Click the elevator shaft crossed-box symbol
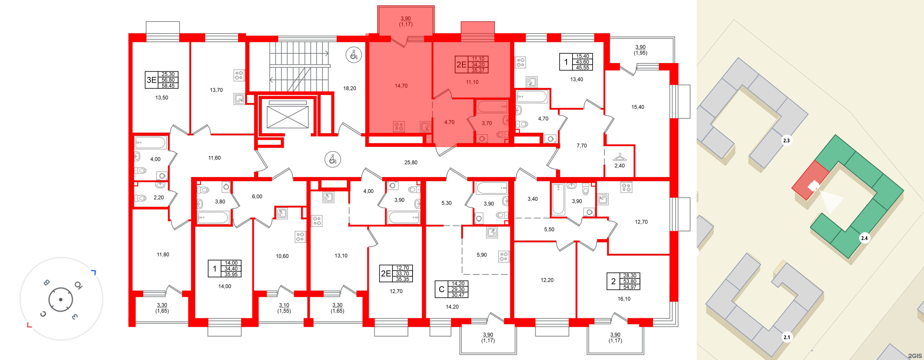click(287, 117)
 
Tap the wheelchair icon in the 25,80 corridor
click(332, 160)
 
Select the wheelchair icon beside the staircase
click(354, 55)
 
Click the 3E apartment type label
click(151, 80)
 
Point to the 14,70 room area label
click(401, 86)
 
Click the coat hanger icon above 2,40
click(619, 157)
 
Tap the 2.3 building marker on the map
click(786, 140)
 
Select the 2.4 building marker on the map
click(864, 238)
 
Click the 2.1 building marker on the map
click(786, 337)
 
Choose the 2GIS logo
click(915, 356)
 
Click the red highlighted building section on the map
click(810, 180)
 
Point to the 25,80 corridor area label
click(411, 162)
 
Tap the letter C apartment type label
click(442, 289)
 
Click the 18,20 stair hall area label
click(350, 88)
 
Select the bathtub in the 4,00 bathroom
click(151, 143)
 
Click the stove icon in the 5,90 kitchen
click(504, 256)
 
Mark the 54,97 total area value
click(630, 287)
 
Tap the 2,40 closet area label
click(619, 166)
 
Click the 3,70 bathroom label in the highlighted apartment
click(487, 123)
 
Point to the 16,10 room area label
click(624, 299)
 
